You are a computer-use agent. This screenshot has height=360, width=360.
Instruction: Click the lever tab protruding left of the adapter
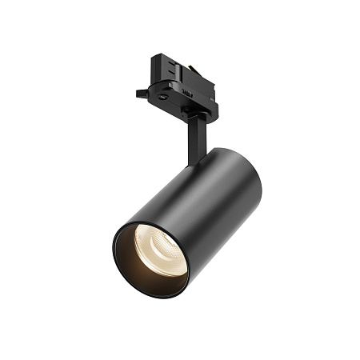[142, 93]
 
